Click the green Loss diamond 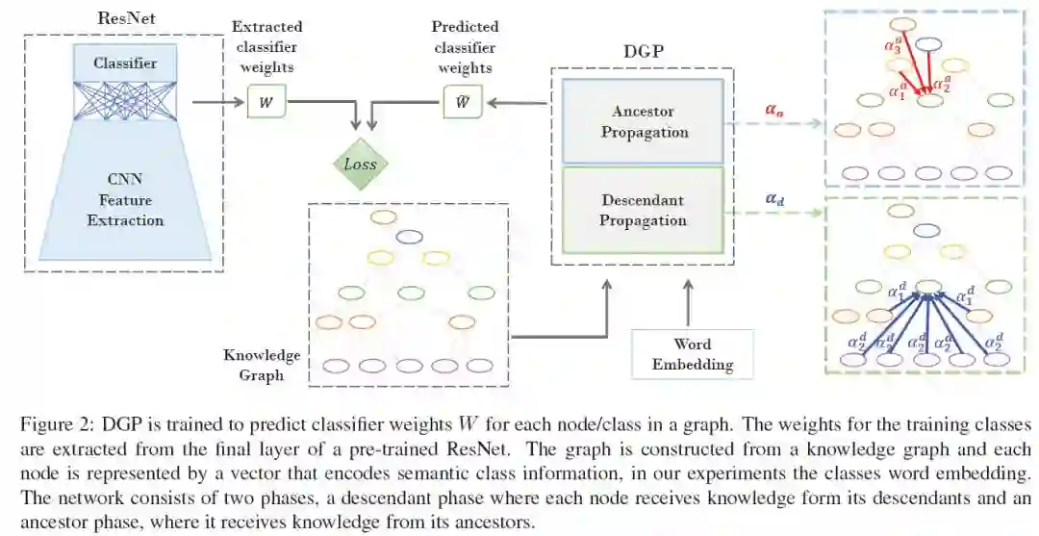[361, 164]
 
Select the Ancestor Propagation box [644, 121]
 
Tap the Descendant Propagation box [644, 210]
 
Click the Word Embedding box [692, 354]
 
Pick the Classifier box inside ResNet [125, 64]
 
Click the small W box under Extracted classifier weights [266, 102]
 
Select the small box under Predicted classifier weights [463, 102]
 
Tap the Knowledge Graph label [261, 365]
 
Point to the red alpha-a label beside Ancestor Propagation [774, 110]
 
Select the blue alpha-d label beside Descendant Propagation [774, 199]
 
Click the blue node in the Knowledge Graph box [410, 236]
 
